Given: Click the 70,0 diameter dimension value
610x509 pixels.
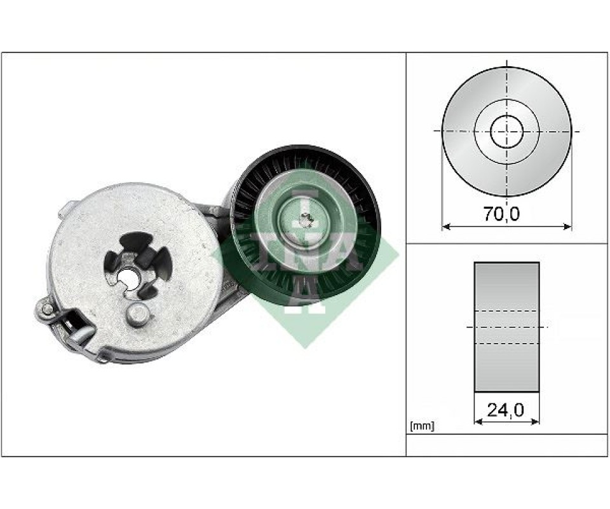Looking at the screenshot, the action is (501, 214).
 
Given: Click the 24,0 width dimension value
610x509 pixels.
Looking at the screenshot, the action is (505, 410).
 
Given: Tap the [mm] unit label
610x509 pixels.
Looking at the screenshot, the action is (422, 426).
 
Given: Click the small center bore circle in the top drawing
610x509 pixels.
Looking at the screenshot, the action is (506, 131).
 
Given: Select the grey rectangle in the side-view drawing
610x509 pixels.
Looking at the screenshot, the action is (506, 327).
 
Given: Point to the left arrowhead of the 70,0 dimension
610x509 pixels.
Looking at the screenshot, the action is (446, 226).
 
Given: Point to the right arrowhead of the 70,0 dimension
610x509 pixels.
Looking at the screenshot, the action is (568, 226).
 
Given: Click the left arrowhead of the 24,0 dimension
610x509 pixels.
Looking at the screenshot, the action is (478, 421).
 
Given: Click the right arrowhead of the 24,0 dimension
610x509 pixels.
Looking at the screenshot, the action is (535, 421).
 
